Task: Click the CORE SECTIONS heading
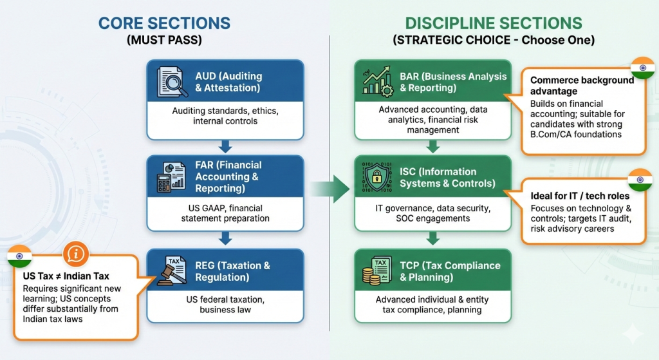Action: [x=164, y=23]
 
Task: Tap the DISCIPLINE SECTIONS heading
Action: [x=494, y=23]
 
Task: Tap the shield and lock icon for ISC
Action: [x=376, y=177]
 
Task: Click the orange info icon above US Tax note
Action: [x=76, y=254]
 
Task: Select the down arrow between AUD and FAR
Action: [x=225, y=147]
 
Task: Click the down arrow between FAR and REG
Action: [x=225, y=239]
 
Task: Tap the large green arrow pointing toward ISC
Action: [x=330, y=189]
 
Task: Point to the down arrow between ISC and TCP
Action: [x=433, y=239]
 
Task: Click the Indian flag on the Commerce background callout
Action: [x=643, y=68]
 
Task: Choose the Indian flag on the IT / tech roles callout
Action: [x=640, y=180]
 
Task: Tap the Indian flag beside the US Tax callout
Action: [x=20, y=256]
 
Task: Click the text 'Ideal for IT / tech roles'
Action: [x=580, y=196]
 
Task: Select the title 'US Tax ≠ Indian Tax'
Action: [x=66, y=276]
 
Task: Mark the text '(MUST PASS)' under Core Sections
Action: [x=164, y=40]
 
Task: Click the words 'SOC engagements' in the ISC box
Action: [x=433, y=218]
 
